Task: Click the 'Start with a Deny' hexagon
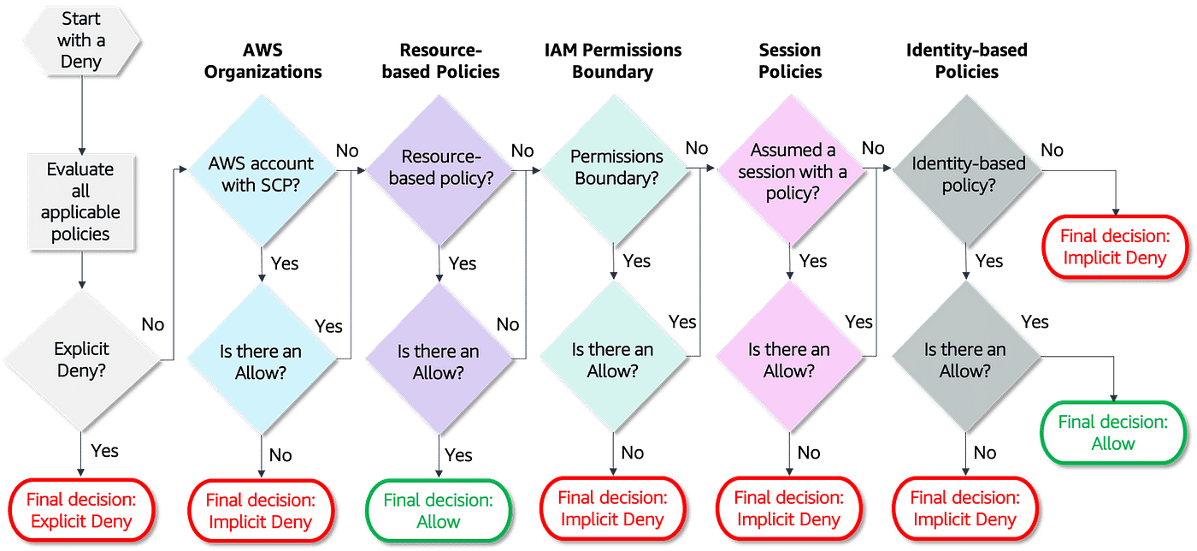pos(80,40)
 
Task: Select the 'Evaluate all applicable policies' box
pos(80,201)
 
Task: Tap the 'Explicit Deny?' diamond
pos(82,359)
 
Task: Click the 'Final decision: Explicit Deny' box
pos(82,510)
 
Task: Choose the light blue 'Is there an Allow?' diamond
pos(261,361)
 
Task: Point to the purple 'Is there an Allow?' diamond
pos(439,361)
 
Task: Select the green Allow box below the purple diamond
pos(439,511)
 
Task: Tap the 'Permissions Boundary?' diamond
pos(613,168)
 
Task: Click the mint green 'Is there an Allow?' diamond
pos(613,359)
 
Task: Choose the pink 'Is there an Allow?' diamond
pos(789,359)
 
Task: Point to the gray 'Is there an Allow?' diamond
pos(965,359)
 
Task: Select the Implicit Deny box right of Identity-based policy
pos(1113,247)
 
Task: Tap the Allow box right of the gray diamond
pos(1113,432)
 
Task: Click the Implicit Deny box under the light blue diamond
pos(259,511)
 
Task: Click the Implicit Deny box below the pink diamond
pos(789,509)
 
